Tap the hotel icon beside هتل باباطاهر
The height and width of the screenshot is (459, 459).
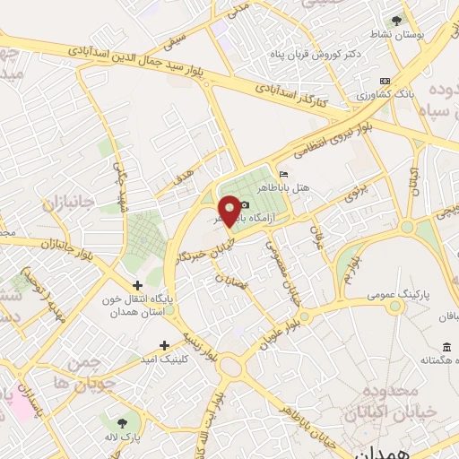[284, 174]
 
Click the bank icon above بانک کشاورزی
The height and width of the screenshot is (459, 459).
[385, 80]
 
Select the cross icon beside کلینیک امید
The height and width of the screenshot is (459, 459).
[163, 345]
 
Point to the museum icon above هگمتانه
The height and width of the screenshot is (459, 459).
[446, 347]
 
